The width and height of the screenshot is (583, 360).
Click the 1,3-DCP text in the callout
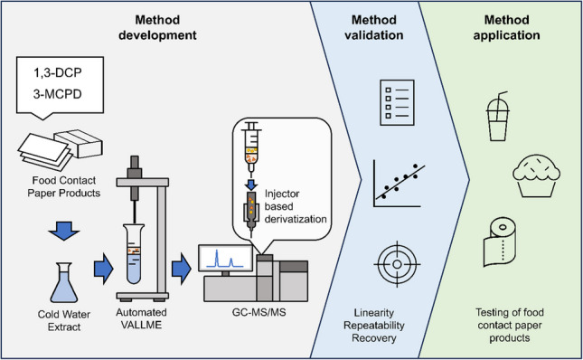58,72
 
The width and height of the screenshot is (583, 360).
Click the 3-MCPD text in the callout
58,94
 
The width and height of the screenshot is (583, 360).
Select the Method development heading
157,27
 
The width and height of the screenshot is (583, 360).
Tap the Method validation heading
373,27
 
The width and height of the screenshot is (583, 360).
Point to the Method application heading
506,27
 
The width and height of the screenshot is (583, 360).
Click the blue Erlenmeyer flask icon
64,282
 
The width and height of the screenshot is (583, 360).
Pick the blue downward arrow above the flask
63,231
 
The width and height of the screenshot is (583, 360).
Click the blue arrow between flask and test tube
103,269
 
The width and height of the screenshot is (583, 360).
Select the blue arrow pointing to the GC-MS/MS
182,269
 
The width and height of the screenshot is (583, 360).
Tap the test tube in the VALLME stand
134,254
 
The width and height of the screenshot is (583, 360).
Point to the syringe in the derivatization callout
251,148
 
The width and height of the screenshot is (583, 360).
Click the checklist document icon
397,102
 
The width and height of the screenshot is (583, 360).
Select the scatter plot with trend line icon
399,184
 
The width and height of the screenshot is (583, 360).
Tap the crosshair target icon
397,264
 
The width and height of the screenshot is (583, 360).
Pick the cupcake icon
536,175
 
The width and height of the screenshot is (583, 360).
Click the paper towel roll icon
499,242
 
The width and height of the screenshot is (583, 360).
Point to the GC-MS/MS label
259,312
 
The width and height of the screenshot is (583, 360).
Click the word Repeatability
373,326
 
